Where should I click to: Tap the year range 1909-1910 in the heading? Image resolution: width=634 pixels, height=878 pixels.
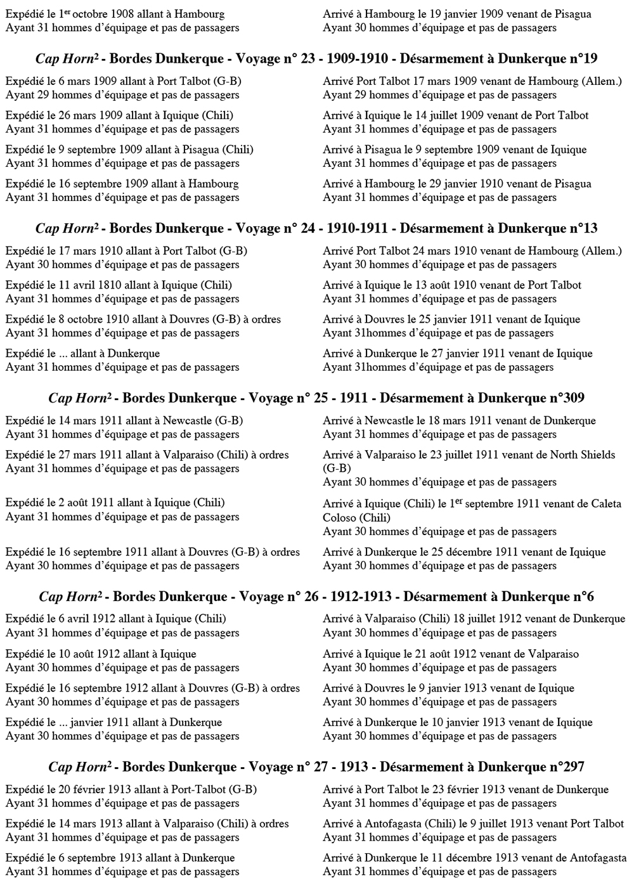360,59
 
